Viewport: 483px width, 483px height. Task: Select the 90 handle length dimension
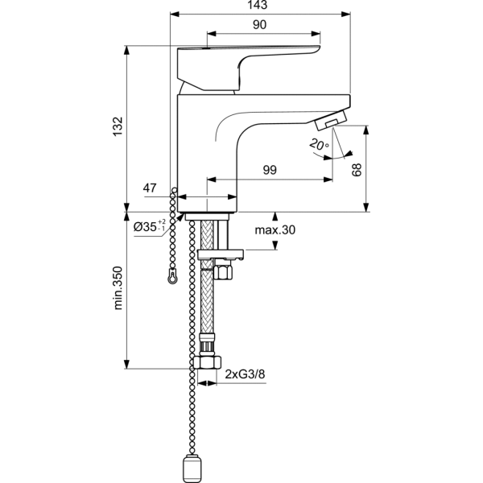tap(259, 26)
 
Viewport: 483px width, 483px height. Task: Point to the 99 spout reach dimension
tap(270, 170)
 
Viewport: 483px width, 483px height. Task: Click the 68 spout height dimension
tap(357, 170)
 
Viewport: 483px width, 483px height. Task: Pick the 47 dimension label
tap(150, 188)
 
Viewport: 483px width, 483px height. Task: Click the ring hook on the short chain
tap(172, 276)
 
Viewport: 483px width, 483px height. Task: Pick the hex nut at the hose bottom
tap(208, 360)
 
